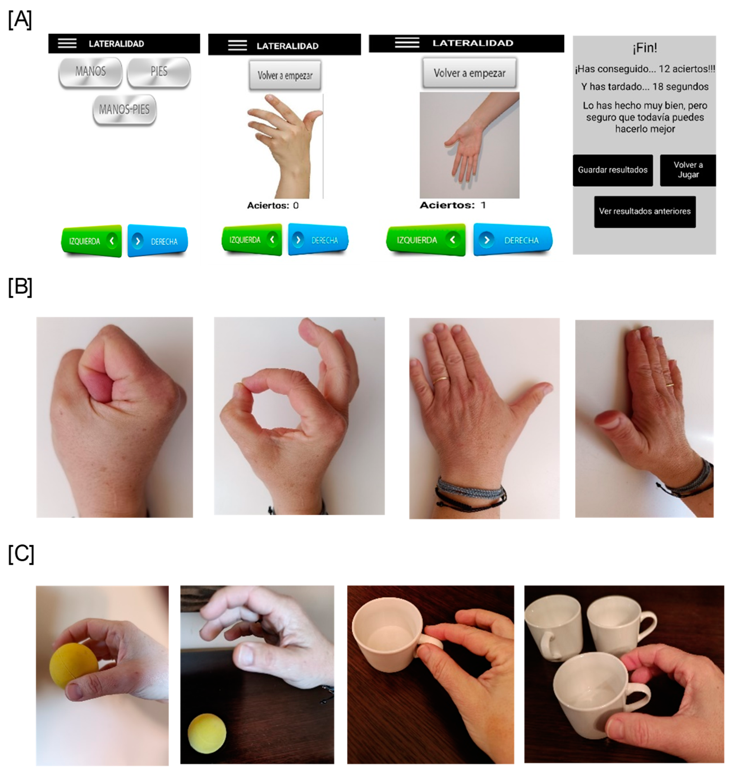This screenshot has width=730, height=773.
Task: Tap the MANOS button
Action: coord(90,72)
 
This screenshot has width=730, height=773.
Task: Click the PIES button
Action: coord(159,72)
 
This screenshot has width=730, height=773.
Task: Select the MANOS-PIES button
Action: coord(124,110)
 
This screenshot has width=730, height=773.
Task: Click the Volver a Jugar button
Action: coord(688,170)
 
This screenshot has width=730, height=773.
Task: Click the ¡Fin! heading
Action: coord(645,48)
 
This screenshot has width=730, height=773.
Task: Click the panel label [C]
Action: coord(21,554)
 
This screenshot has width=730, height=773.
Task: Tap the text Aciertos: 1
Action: coord(453,205)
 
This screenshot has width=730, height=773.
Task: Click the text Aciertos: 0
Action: coord(273,205)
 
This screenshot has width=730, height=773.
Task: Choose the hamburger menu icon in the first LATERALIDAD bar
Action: coord(67,43)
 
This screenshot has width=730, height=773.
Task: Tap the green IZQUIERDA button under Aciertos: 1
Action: coord(426,240)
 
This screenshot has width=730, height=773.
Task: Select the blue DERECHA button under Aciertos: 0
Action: coord(318,240)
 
